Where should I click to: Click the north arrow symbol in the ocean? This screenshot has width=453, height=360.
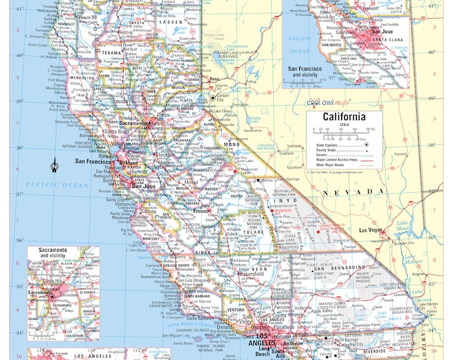(x=55, y=167)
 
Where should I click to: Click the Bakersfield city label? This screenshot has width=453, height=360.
(x=253, y=274)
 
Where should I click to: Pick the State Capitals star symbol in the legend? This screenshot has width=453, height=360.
(x=366, y=143)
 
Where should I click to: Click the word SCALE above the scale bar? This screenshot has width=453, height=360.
(x=344, y=125)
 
